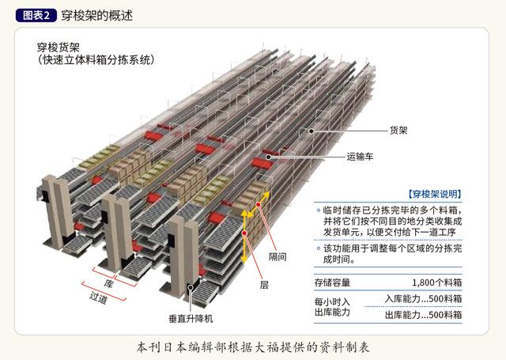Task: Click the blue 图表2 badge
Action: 36,15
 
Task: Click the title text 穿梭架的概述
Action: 96,15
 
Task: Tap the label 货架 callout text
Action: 398,131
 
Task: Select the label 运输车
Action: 360,157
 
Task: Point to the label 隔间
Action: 278,257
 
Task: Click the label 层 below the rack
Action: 264,285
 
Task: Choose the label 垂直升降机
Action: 191,319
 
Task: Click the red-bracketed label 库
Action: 108,283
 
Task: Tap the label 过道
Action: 98,297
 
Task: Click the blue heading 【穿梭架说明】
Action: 434,194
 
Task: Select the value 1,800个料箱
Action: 437,282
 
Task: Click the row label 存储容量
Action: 332,282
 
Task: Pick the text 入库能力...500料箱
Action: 424,298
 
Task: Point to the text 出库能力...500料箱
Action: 424,314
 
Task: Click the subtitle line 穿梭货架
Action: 59,47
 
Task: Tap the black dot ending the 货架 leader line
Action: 311,131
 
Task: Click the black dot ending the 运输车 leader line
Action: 269,157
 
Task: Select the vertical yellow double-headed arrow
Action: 244,237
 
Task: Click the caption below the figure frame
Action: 253,347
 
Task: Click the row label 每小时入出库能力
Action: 332,307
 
